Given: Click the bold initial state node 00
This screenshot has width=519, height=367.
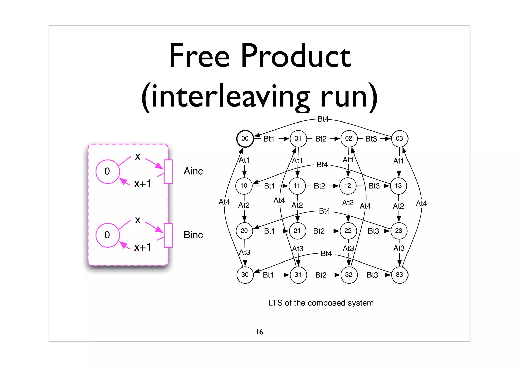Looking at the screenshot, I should point(245,138).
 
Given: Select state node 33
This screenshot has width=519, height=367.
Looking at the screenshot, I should point(399,275).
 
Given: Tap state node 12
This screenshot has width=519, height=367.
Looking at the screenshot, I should point(348,186).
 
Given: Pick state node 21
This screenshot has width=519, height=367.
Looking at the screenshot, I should point(297,231).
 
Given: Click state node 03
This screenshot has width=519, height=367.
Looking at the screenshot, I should point(399,138).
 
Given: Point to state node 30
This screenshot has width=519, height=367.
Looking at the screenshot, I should point(245,275).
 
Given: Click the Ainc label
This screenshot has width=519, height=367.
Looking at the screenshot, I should point(193,171).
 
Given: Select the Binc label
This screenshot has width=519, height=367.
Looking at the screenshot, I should point(193,235).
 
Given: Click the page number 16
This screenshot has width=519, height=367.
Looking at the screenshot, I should point(259,332).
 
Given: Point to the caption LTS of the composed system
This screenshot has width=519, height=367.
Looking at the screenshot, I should point(321,303).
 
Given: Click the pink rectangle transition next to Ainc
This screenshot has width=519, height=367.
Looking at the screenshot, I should point(168,171).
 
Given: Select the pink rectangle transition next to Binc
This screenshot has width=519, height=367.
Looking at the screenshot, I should point(168,235).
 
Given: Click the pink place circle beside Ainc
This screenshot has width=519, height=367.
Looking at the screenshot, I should point(107,171).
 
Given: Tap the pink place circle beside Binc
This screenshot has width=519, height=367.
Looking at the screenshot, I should point(107,235).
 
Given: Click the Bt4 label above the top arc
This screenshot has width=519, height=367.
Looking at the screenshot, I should point(323,119).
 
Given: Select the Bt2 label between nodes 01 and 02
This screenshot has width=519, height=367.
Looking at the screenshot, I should point(321,139).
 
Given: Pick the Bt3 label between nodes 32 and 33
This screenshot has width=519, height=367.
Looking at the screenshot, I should point(372,275).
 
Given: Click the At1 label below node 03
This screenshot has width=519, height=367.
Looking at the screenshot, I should point(398,161).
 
